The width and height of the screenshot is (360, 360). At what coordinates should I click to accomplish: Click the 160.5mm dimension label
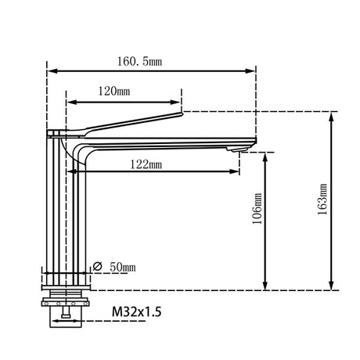[139, 62]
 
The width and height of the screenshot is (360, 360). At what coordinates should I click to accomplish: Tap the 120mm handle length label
[114, 92]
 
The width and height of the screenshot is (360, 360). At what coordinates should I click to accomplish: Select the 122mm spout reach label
[146, 164]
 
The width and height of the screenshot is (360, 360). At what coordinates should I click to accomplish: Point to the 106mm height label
[257, 209]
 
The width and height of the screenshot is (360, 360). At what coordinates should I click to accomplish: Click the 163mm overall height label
[322, 200]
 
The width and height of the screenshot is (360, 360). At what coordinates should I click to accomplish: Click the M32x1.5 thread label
[137, 311]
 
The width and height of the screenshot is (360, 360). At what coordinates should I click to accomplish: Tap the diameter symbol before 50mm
[97, 267]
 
